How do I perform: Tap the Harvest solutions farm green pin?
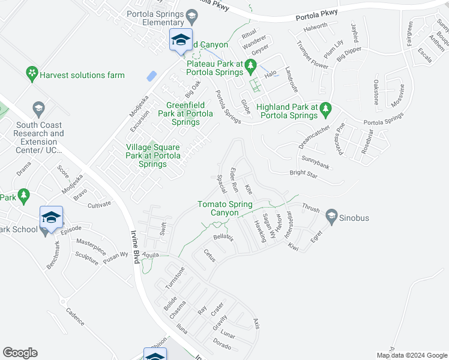[31, 75]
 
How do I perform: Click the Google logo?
[20, 353]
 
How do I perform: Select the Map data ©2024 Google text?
[411, 355]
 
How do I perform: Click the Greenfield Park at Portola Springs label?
[185, 113]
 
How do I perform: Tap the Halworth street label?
[316, 26]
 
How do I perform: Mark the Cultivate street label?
[99, 205]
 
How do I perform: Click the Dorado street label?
[222, 343]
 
